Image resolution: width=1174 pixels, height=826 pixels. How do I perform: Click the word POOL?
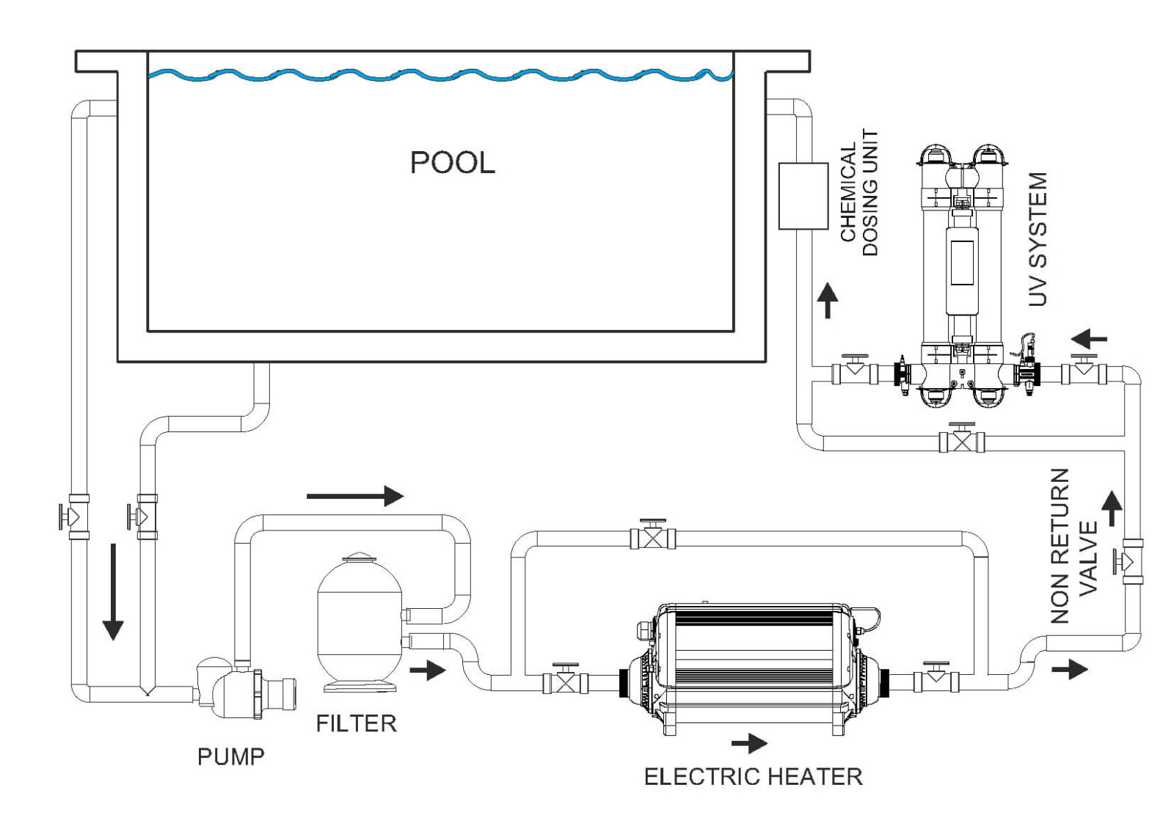[452, 162]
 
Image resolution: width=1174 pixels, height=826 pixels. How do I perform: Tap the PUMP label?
[230, 756]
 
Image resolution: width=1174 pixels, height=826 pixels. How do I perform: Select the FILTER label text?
[356, 723]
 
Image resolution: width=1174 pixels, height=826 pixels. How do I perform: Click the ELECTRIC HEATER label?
[753, 776]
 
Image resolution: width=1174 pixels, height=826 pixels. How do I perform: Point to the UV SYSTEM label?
[1038, 239]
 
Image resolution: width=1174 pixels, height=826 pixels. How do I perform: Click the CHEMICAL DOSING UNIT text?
[858, 192]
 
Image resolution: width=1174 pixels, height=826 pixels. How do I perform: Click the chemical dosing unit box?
[803, 196]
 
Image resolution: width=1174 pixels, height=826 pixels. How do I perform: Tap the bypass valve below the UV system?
[961, 441]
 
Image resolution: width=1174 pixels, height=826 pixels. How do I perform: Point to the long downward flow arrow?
[112, 591]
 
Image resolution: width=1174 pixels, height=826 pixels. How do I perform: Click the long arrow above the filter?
[355, 496]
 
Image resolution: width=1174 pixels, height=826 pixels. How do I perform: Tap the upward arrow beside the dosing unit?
[828, 300]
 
